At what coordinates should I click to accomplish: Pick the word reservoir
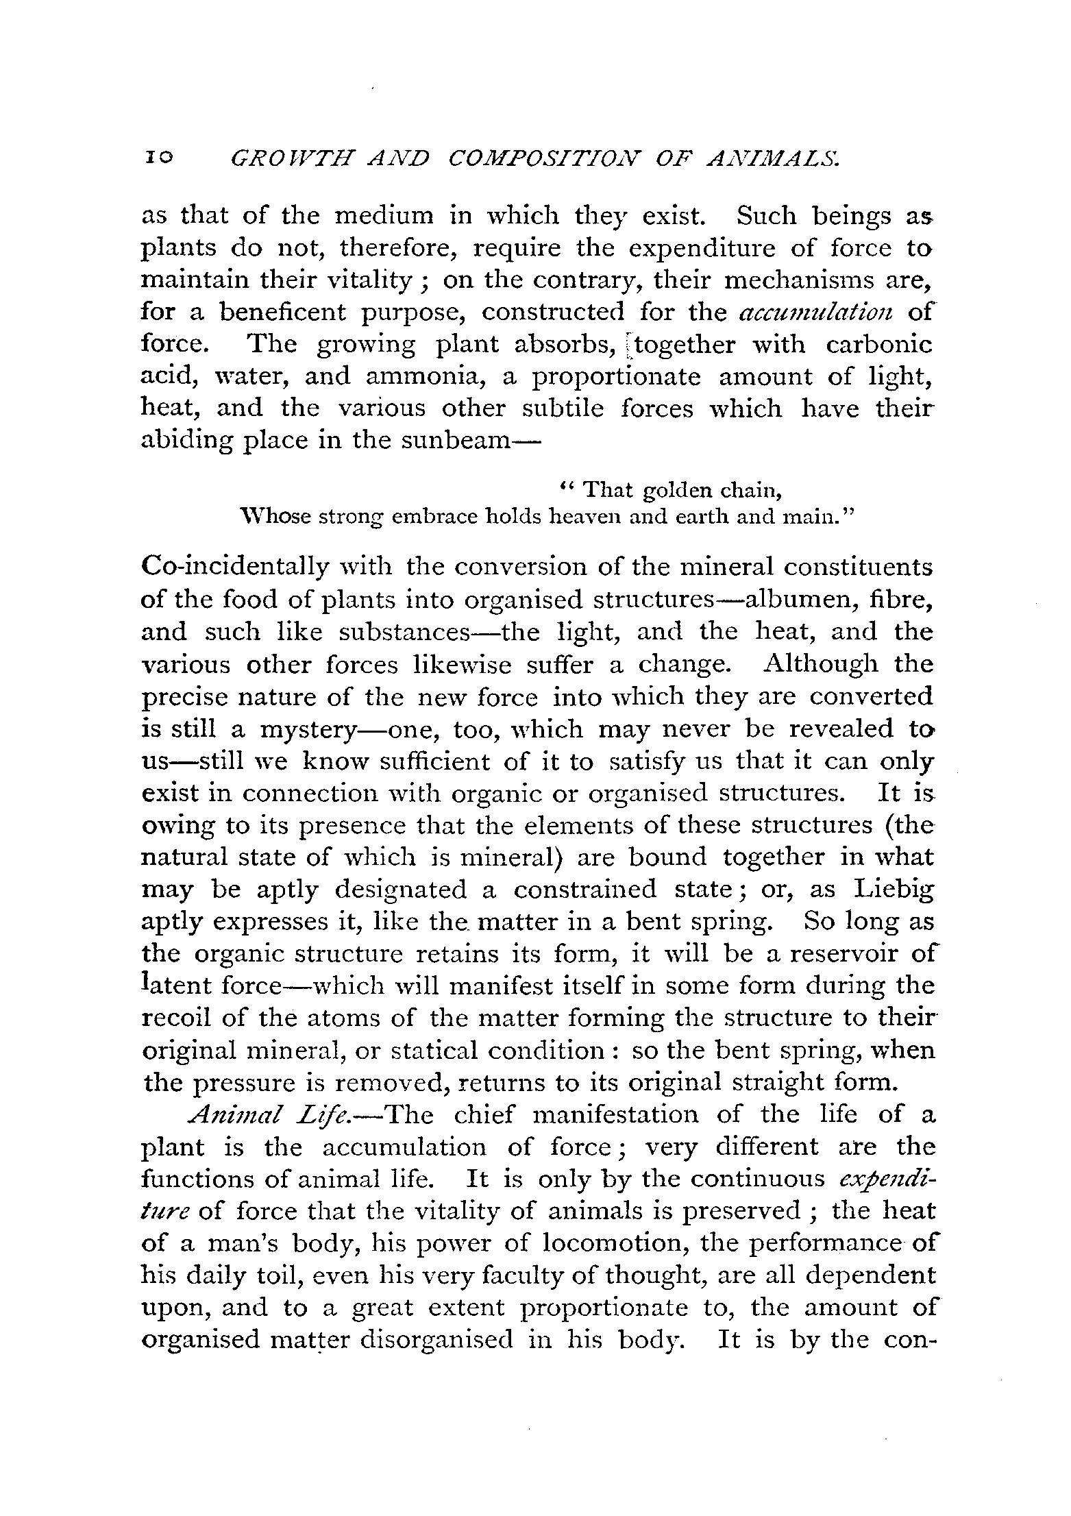(x=842, y=954)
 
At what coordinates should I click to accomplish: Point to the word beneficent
(x=283, y=313)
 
